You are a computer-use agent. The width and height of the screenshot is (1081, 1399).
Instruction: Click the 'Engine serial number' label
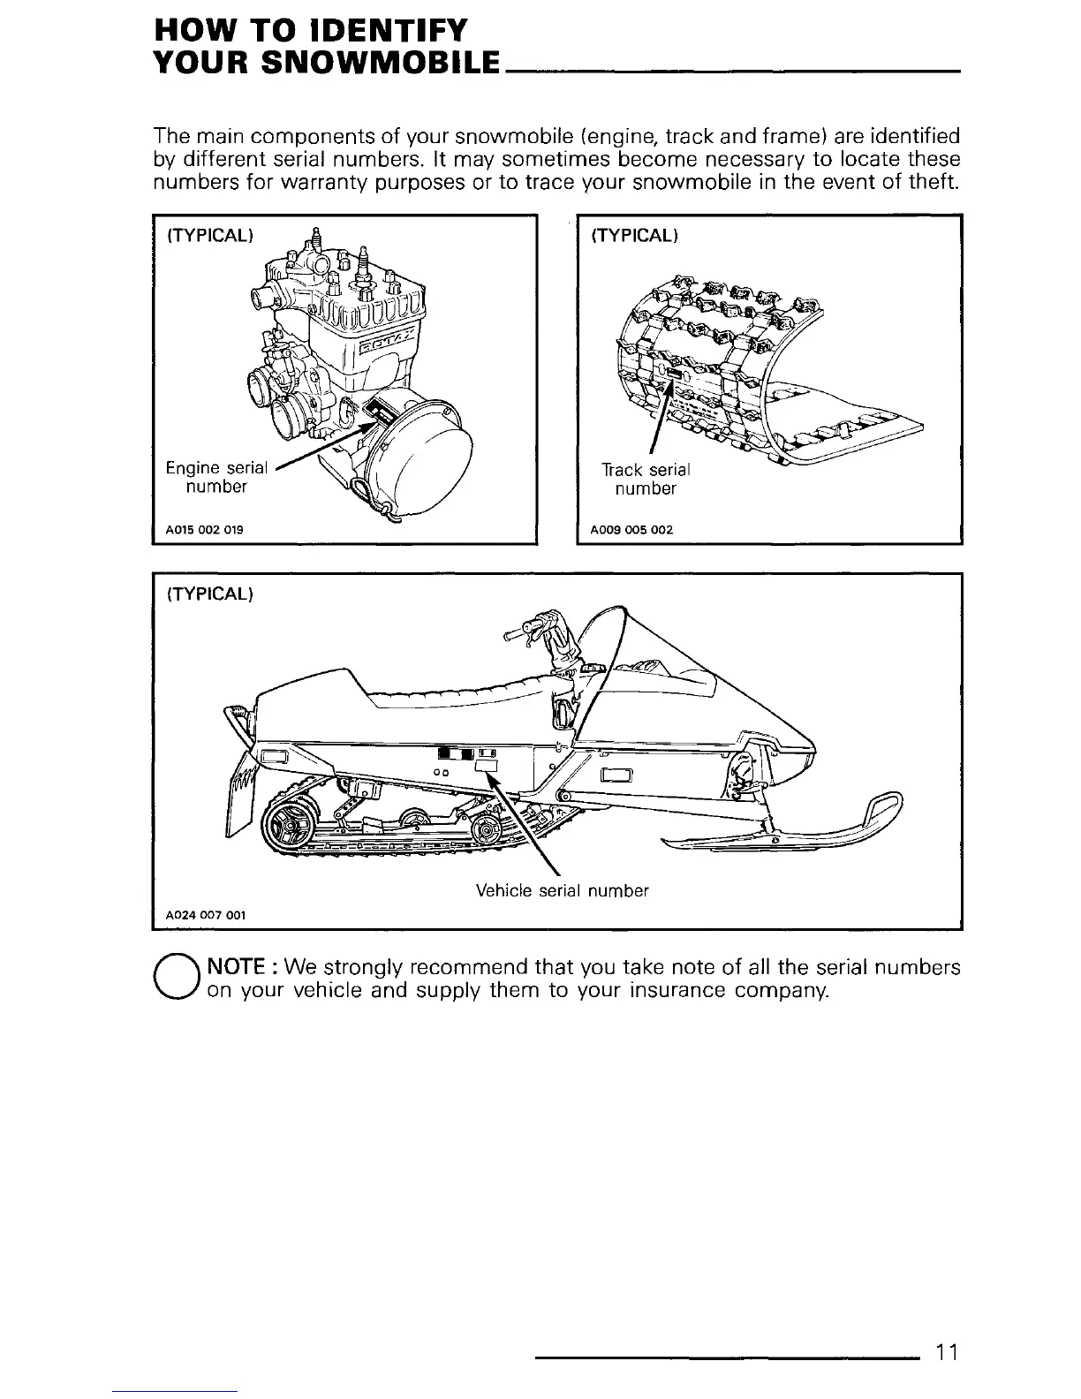click(215, 477)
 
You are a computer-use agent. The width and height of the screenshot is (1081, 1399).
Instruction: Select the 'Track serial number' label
click(646, 479)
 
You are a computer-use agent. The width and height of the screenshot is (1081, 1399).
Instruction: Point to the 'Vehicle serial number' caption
click(562, 890)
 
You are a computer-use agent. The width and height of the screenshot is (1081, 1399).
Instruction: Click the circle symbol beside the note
click(178, 979)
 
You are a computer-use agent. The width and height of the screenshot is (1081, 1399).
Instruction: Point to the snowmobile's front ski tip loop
click(886, 805)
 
